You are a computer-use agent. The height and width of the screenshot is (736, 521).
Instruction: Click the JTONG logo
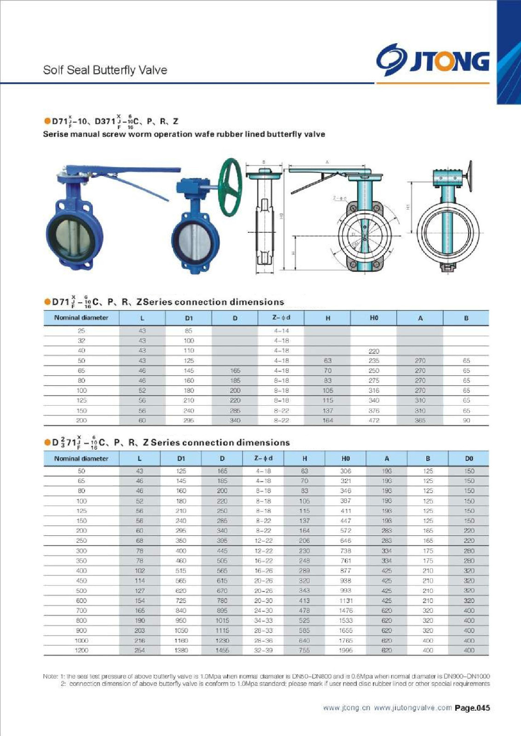[433, 60]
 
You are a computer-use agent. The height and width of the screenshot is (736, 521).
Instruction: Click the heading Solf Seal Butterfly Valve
[105, 70]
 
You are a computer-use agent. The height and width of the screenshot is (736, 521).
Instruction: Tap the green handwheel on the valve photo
[230, 187]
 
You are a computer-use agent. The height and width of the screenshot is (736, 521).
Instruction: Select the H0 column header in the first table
[373, 318]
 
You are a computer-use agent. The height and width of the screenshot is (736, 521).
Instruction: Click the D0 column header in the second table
[469, 458]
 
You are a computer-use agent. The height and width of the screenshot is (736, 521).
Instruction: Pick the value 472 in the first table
[374, 420]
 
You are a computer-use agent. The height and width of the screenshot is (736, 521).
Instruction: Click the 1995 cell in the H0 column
[345, 650]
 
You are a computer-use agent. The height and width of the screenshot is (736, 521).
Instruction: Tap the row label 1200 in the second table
[81, 650]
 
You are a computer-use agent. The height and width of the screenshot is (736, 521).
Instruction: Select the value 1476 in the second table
[345, 610]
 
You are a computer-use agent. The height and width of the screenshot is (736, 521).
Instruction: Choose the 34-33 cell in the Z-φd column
[263, 621]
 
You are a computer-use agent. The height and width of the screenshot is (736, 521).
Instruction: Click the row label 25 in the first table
[81, 331]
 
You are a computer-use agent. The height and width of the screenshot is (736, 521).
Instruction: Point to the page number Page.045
[472, 708]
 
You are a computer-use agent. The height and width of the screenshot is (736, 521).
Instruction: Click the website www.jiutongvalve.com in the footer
[412, 708]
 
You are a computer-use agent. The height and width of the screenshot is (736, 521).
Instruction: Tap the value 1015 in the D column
[222, 621]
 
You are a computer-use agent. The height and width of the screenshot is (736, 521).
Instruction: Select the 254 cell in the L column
[140, 650]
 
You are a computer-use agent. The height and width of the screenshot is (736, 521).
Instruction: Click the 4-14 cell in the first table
[281, 331]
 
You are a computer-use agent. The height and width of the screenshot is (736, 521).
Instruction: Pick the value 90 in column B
[466, 420]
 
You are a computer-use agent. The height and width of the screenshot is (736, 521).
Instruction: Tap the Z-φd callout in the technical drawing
[339, 198]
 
